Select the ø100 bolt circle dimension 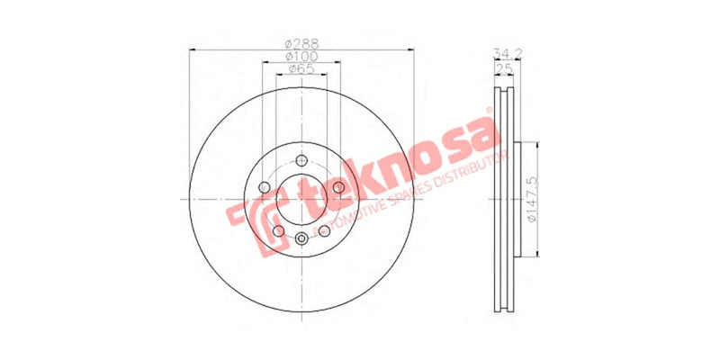click(x=301, y=56)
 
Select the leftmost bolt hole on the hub click(x=264, y=187)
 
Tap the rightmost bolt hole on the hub click(x=338, y=187)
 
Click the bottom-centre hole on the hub click(x=301, y=238)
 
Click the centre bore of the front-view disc click(x=301, y=199)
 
